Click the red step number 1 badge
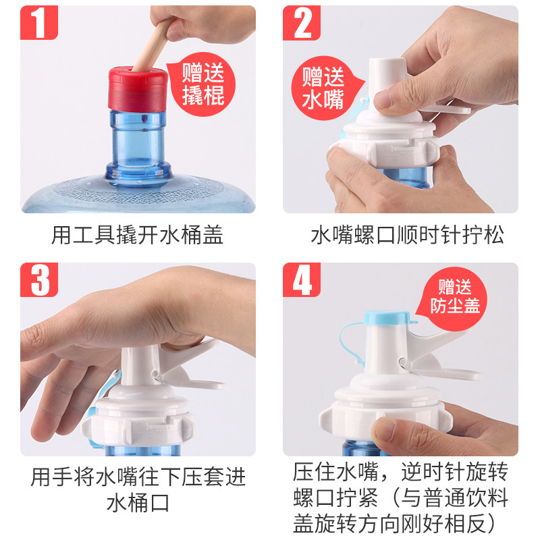click(x=39, y=23)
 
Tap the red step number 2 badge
click(x=301, y=23)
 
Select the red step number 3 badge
click(x=39, y=279)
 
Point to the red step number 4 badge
click(x=301, y=279)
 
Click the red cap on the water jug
click(x=138, y=89)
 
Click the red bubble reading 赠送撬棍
click(x=202, y=84)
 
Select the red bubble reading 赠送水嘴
click(x=325, y=88)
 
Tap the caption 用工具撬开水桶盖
click(x=138, y=235)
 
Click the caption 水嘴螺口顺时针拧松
click(x=408, y=235)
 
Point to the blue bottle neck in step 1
click(x=138, y=144)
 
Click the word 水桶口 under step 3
click(x=138, y=503)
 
